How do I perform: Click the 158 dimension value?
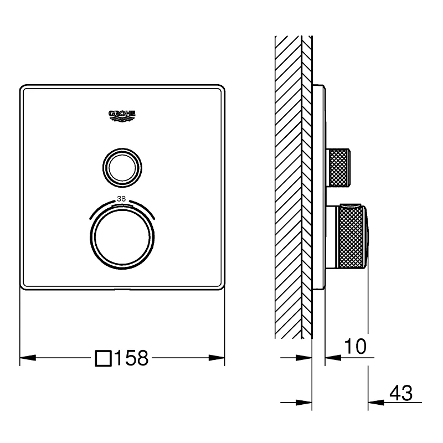(131, 358)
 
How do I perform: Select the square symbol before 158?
(103, 358)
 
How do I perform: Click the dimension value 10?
(355, 347)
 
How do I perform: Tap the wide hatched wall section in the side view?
(287, 188)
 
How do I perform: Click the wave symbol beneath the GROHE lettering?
(122, 118)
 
